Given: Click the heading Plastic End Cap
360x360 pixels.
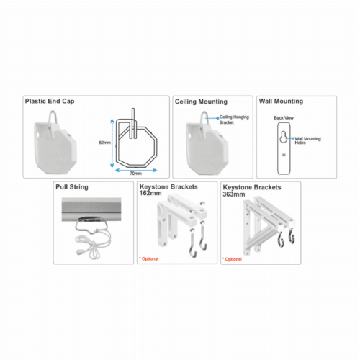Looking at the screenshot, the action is [50, 102].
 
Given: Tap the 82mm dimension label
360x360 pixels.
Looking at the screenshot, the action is [105, 143].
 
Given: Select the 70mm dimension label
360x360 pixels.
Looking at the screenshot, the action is [135, 174].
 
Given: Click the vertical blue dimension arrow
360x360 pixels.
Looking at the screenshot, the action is [112, 143].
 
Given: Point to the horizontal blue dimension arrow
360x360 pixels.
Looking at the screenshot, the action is [136, 170].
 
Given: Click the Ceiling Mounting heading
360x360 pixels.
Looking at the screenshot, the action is [201, 102].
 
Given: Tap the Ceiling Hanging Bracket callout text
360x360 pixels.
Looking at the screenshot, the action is [234, 120].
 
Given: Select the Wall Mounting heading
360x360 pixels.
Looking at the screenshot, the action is [281, 102].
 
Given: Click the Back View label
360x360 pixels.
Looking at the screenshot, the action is [284, 118].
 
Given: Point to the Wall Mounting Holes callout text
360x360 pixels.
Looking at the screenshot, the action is [307, 140].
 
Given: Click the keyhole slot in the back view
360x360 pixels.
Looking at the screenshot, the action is [284, 137].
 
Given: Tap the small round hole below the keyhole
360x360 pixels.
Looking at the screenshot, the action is [284, 155].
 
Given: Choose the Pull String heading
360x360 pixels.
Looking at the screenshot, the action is [72, 187].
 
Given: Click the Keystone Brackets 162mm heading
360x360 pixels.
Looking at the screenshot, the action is [168, 190].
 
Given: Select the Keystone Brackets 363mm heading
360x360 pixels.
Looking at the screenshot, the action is [252, 191].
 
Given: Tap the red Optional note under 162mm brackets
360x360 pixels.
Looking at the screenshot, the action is [149, 258].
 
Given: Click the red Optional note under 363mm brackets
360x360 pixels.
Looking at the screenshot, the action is [232, 259].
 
